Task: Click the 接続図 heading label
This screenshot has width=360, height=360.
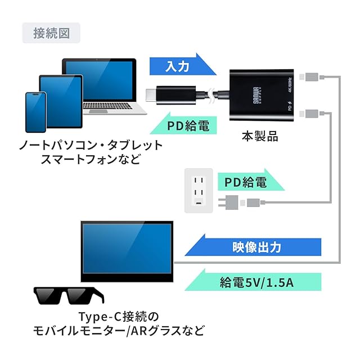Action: (51, 33)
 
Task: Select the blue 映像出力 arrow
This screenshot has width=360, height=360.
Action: (253, 247)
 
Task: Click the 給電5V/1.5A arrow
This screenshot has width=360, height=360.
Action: (253, 281)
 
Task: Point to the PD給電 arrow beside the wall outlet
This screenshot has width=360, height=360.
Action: (245, 182)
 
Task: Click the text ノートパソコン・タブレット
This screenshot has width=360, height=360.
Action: (91, 145)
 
